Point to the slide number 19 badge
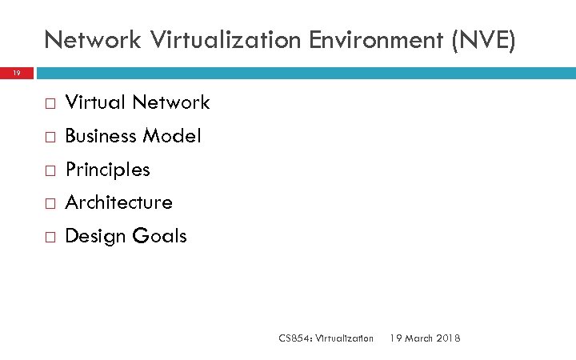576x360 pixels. pyautogui.click(x=16, y=73)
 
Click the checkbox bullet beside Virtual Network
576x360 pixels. pyautogui.click(x=50, y=104)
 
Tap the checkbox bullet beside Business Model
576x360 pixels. pyautogui.click(x=50, y=138)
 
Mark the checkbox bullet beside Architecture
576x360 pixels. pyautogui.click(x=50, y=204)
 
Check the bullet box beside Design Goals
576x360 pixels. pyautogui.click(x=50, y=238)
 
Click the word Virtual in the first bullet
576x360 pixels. pyautogui.click(x=95, y=102)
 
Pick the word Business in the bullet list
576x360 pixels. pyautogui.click(x=100, y=136)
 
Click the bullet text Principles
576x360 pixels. pyautogui.click(x=107, y=170)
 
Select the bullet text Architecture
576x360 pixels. pyautogui.click(x=118, y=202)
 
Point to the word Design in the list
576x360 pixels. pyautogui.click(x=93, y=236)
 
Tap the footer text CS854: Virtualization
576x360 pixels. pyautogui.click(x=326, y=338)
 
